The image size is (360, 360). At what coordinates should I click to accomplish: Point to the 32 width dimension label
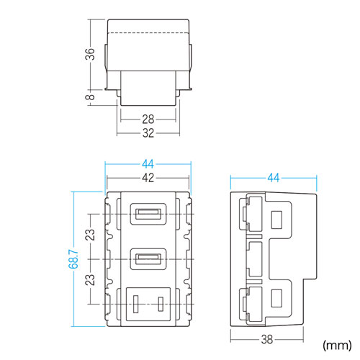148,132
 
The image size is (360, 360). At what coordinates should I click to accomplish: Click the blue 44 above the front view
148,164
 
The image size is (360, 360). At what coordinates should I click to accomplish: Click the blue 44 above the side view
274,178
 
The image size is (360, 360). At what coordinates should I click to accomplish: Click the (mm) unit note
336,344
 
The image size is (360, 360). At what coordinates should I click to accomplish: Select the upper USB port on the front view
148,214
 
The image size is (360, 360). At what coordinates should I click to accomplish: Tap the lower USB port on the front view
148,258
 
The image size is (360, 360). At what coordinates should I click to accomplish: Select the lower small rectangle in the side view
276,297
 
